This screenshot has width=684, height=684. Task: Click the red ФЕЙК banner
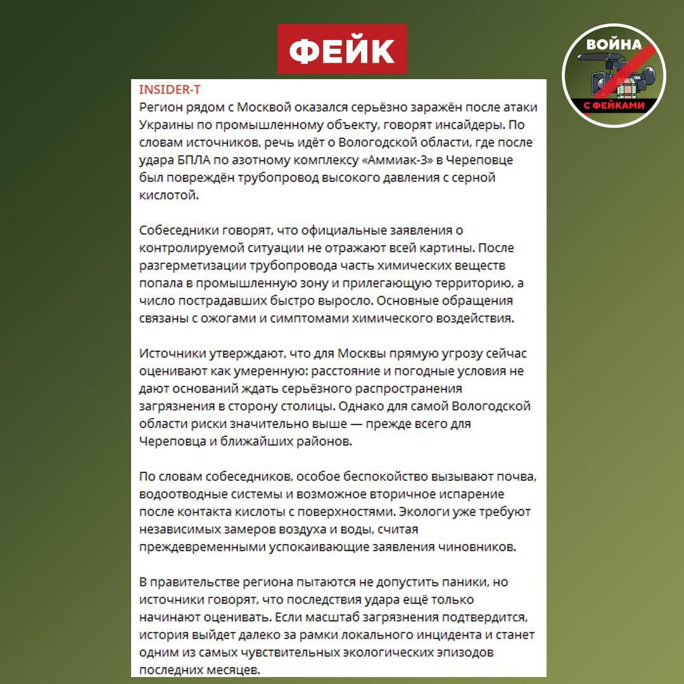(342, 49)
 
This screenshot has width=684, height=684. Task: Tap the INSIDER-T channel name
(169, 89)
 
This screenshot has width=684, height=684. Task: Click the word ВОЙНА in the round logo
(614, 45)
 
